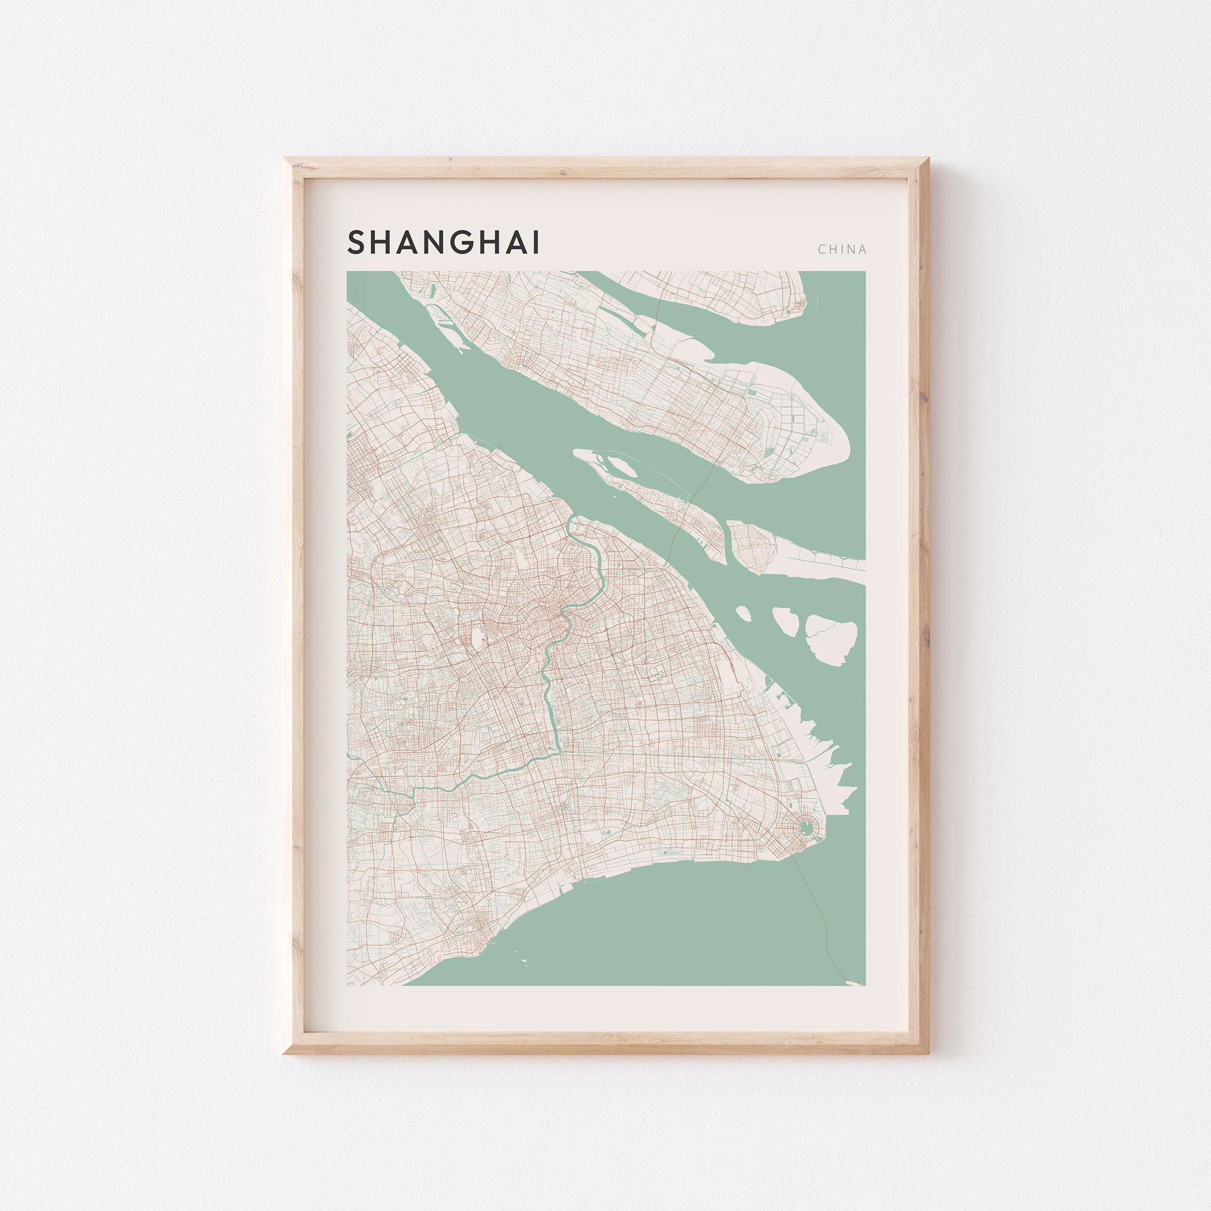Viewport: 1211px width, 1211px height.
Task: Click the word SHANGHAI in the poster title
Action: tap(443, 243)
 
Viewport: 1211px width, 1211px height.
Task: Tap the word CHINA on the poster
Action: tap(842, 249)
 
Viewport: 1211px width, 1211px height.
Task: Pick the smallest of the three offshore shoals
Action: tap(742, 613)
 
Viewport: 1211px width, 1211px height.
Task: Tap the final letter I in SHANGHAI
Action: tap(535, 243)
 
